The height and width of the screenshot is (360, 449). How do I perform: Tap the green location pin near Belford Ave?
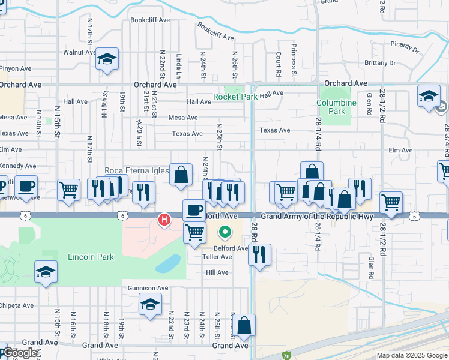[x=225, y=231]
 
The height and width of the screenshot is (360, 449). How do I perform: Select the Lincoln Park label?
[x=91, y=257]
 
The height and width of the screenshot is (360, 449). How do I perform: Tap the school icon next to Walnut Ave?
[x=107, y=59]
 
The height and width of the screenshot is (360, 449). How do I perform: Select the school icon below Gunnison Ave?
[x=150, y=304]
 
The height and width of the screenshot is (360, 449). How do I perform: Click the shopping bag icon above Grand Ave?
[x=244, y=326]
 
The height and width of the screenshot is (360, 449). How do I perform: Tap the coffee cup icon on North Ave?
[x=193, y=211]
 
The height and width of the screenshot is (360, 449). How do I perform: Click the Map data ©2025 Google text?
[x=412, y=355]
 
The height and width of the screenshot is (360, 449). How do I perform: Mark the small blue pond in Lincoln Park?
[x=169, y=263]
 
